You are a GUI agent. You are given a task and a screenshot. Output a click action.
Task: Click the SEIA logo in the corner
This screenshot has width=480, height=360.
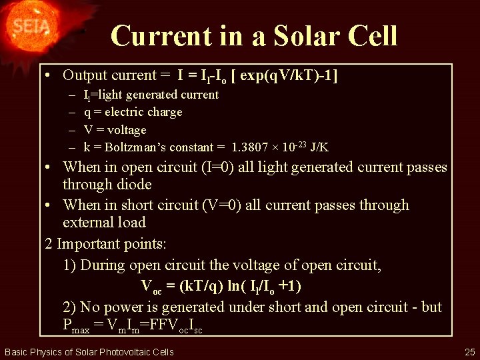point(29,28)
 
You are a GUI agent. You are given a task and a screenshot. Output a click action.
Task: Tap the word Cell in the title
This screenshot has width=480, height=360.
point(371,35)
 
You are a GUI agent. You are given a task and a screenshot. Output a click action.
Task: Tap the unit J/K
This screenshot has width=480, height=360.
point(319,147)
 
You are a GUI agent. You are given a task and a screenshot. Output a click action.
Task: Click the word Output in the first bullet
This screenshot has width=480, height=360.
point(89,76)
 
